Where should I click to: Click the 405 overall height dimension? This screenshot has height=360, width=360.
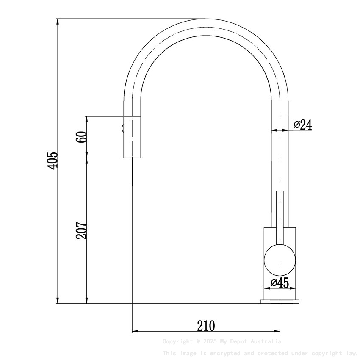[x=53, y=161]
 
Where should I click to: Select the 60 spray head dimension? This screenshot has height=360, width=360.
[x=82, y=137]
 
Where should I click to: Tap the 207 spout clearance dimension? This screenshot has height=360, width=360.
[x=82, y=230]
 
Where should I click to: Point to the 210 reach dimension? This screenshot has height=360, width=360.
[x=206, y=326]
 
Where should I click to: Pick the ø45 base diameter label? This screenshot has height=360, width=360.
[x=280, y=283]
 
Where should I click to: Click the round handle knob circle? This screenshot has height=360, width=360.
[x=280, y=259]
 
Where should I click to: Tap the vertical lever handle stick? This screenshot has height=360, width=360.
[x=280, y=212]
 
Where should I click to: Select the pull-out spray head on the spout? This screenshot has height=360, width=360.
[x=132, y=137]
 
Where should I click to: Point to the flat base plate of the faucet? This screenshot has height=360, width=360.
[x=280, y=302]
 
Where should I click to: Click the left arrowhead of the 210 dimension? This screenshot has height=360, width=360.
[x=135, y=331]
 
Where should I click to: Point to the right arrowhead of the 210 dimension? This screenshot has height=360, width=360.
[x=277, y=331]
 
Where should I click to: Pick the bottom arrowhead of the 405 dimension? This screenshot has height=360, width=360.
[x=57, y=300]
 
